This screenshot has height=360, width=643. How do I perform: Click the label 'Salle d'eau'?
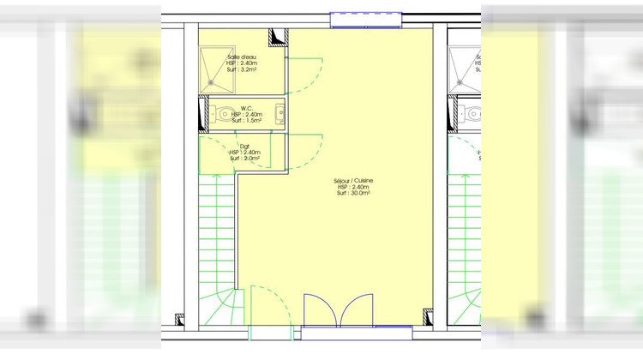(x=241, y=57)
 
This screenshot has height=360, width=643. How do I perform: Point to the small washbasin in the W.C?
(x=279, y=111)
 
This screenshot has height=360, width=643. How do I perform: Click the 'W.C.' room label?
(x=246, y=108)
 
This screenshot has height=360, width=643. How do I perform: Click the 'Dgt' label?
(x=244, y=146)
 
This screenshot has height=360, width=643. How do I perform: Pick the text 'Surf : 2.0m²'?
(x=244, y=158)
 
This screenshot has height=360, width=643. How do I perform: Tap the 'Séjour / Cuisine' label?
(x=353, y=181)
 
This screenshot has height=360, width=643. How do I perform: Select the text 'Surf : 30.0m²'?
(x=353, y=194)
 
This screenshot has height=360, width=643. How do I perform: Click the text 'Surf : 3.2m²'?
(x=243, y=71)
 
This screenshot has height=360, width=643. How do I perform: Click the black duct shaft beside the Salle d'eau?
(x=278, y=37)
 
